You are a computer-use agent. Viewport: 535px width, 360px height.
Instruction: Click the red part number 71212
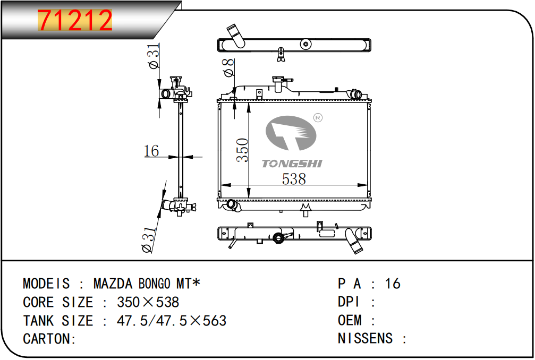pyautogui.click(x=75, y=20)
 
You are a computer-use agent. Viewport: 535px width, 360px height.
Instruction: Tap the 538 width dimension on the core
pyautogui.click(x=294, y=179)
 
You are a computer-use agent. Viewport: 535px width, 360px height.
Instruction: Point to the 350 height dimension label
pyautogui.click(x=243, y=150)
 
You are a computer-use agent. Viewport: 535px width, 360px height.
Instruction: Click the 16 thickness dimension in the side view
pyautogui.click(x=151, y=151)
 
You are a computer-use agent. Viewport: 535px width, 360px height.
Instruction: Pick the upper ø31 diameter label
pyautogui.click(x=154, y=56)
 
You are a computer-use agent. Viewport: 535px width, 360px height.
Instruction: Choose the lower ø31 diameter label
pyautogui.click(x=150, y=239)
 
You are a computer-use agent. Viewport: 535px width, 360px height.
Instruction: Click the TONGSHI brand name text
pyautogui.click(x=292, y=164)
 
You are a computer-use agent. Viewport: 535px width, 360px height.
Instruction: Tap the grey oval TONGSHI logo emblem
pyautogui.click(x=291, y=133)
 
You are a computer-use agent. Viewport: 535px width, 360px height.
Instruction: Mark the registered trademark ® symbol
pyautogui.click(x=318, y=118)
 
